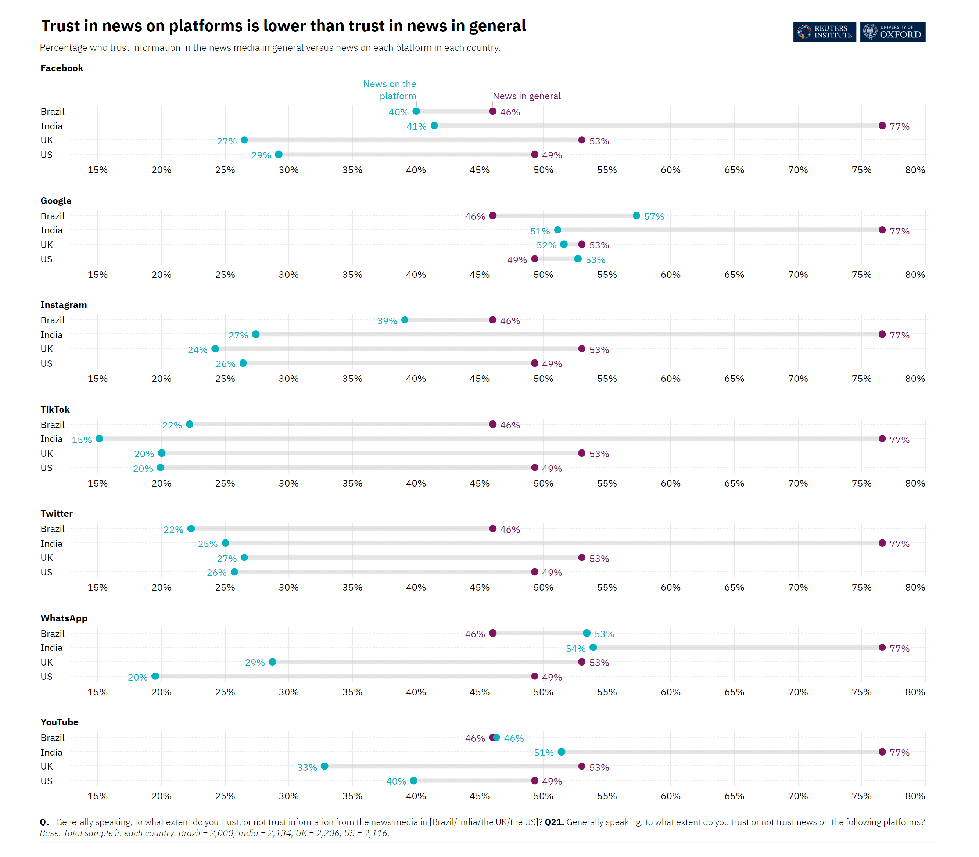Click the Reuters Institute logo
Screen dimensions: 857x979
pos(824,32)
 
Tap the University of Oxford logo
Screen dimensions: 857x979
pos(892,32)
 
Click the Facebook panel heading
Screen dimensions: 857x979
pos(62,68)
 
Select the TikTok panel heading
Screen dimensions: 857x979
pos(55,409)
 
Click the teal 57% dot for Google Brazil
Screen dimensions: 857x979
pos(636,216)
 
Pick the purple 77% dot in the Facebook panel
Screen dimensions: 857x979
pos(882,126)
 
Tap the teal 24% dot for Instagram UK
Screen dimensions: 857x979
pos(215,349)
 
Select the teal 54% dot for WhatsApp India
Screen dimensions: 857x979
pos(593,648)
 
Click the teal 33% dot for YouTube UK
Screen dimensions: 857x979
pos(324,766)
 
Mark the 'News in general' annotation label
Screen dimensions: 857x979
pos(527,96)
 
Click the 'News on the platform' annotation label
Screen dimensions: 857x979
pos(390,90)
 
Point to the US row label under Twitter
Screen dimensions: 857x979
pos(46,572)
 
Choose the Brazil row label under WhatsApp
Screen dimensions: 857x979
pos(53,634)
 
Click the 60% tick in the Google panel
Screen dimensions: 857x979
pos(671,275)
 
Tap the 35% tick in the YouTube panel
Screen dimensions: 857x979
pos(352,796)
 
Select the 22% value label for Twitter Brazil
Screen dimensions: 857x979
pos(173,530)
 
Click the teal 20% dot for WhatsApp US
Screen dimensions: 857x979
pos(155,676)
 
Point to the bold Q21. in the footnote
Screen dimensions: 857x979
pos(554,822)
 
